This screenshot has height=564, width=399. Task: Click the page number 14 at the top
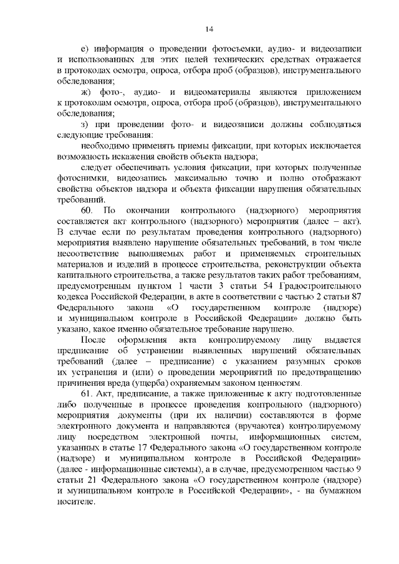(209, 29)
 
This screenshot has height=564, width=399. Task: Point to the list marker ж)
(86, 92)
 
